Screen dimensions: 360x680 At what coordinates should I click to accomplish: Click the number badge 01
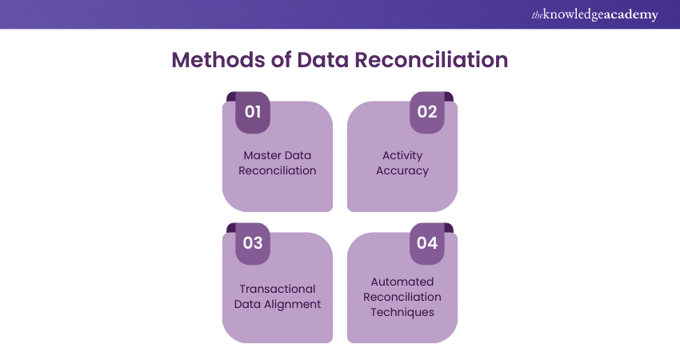[x=253, y=112]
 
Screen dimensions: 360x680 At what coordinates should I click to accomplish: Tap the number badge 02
[x=427, y=112]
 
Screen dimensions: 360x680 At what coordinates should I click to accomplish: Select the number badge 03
[x=253, y=243]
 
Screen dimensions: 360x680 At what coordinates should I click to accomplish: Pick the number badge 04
[x=427, y=243]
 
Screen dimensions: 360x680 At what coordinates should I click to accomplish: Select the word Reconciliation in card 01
[x=277, y=170]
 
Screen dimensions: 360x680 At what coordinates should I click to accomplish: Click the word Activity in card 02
[x=402, y=155]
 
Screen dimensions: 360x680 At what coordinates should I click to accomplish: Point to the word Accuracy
[x=402, y=170]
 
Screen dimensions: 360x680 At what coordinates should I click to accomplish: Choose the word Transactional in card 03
[x=277, y=289]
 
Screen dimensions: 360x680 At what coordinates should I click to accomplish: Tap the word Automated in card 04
[x=402, y=282]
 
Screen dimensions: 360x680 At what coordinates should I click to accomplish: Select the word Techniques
[x=402, y=312]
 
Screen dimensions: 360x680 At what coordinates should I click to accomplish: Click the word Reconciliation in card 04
[x=402, y=297]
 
